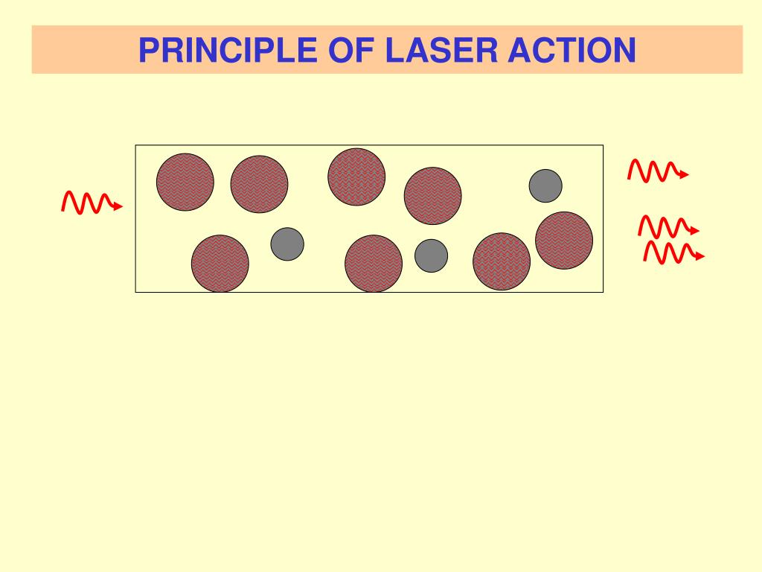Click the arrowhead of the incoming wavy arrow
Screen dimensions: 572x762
(x=118, y=207)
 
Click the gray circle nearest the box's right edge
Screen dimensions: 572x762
(x=545, y=185)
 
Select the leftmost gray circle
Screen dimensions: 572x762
(x=287, y=244)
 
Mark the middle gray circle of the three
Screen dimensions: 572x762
(x=431, y=255)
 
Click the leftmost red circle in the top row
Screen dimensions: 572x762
(x=185, y=182)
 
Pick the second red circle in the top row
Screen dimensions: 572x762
(x=259, y=184)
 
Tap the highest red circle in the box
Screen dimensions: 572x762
(x=356, y=177)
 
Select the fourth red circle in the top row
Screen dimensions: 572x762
(x=432, y=195)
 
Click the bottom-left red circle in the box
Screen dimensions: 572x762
(x=220, y=263)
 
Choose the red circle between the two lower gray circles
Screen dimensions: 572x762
(x=374, y=263)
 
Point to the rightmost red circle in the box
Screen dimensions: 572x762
(x=564, y=240)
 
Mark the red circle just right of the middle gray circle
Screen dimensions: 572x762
(x=502, y=261)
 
